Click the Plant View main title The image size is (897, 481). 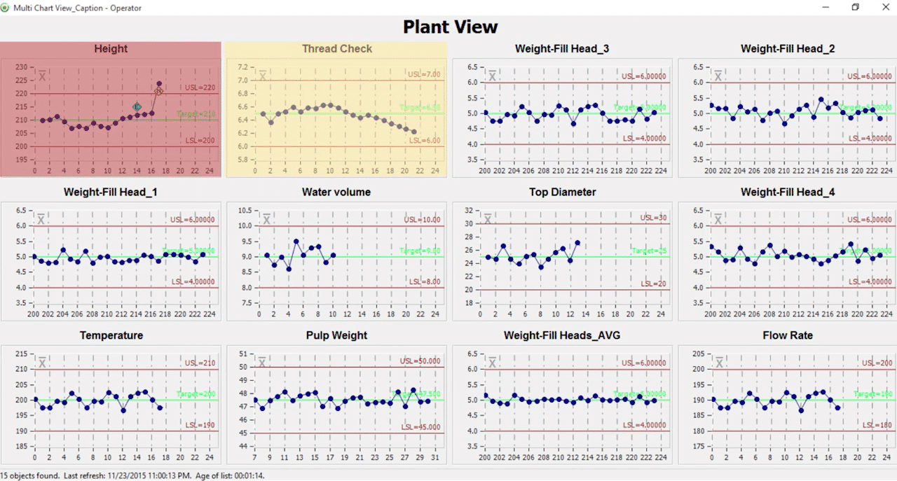(x=450, y=27)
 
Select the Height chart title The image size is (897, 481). (x=111, y=49)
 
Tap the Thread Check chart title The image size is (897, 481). (x=336, y=49)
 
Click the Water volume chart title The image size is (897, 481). (x=336, y=192)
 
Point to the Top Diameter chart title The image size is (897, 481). (x=562, y=192)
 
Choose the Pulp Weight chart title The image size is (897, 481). (x=336, y=335)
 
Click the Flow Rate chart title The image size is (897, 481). (x=788, y=335)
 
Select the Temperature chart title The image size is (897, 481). (x=111, y=335)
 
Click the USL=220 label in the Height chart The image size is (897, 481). (x=200, y=88)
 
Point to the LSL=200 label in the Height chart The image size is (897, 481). (x=200, y=141)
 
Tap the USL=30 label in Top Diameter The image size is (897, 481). (x=653, y=218)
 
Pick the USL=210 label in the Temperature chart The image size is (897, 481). (x=200, y=363)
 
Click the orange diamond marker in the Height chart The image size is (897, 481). (x=159, y=91)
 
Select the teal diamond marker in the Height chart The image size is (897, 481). (x=137, y=106)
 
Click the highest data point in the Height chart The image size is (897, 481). (x=159, y=84)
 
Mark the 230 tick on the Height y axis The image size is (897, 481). (x=20, y=67)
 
